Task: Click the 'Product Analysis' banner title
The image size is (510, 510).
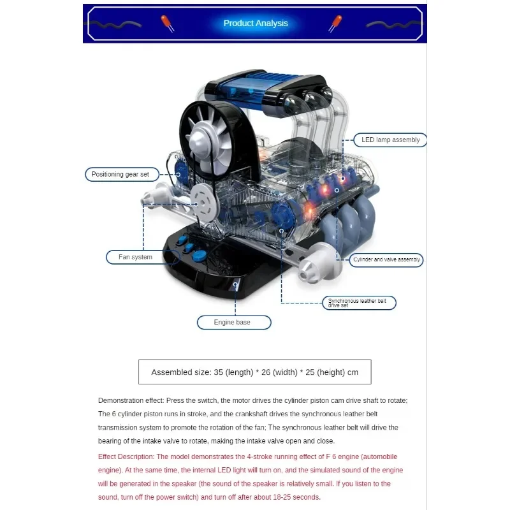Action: [256, 23]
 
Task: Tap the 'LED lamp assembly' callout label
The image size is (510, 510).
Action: [390, 140]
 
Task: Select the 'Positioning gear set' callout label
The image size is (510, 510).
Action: [122, 174]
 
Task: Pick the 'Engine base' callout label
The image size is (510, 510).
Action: [234, 323]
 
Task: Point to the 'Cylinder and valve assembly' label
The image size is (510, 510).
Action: [386, 259]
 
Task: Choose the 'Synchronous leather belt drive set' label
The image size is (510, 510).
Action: [359, 303]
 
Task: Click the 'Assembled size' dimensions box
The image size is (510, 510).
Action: [254, 372]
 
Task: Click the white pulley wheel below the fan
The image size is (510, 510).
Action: [203, 203]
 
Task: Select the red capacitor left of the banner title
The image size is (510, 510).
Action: [168, 24]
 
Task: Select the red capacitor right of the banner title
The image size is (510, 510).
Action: [335, 24]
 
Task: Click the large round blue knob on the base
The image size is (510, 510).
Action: [200, 256]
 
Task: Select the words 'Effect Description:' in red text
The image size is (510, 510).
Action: [126, 456]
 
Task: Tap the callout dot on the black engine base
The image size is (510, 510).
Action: [235, 284]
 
